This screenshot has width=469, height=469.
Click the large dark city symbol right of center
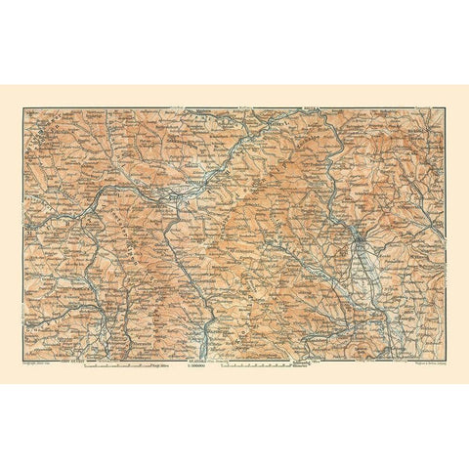tap(360, 236)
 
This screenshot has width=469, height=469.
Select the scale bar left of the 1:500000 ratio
tap(127, 365)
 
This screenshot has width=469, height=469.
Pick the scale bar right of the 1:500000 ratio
tap(256, 365)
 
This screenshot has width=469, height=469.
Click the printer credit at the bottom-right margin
tap(420, 364)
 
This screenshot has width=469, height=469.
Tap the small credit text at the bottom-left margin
tap(43, 364)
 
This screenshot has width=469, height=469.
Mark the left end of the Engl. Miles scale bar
tap(85, 365)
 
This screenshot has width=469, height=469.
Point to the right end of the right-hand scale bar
tap(291, 365)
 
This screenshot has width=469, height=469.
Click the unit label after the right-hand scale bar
tap(304, 366)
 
